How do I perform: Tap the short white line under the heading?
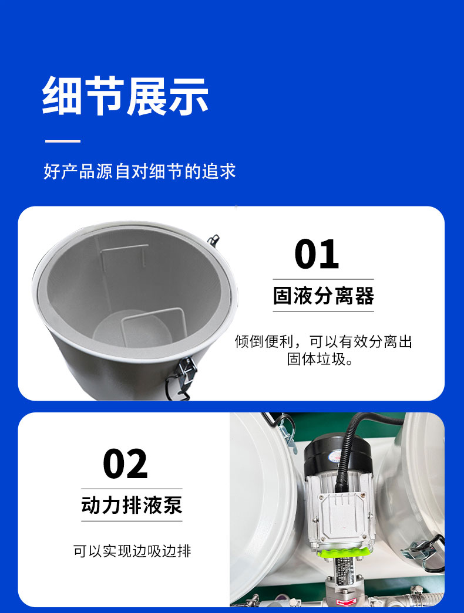pos(63,141)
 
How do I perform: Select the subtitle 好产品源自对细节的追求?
pos(140,171)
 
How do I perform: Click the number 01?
pos(317,255)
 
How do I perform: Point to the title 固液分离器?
pos(323,296)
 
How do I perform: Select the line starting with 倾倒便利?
pos(323,341)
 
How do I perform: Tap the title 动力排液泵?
pos(132,505)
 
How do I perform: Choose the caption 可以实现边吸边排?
pos(132,551)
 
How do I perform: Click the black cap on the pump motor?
pos(332,452)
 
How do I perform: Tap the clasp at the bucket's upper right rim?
pos(213,240)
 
